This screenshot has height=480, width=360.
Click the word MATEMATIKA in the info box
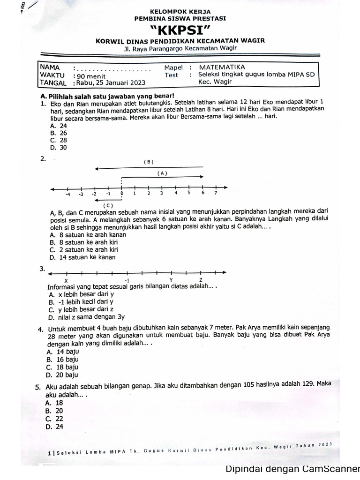[x=222, y=67]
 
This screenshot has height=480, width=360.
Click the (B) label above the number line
[x=148, y=162]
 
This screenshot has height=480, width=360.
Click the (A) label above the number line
[x=162, y=173]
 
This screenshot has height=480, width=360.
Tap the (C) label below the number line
[x=108, y=205]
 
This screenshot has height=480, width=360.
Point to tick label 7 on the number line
[x=216, y=193]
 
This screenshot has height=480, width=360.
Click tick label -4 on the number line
[x=67, y=194]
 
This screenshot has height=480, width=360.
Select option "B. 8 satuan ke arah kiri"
[x=83, y=242]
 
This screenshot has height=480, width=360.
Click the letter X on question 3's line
[x=66, y=280]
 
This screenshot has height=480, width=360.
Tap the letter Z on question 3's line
[x=201, y=280]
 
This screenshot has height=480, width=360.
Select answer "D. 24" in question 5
[x=54, y=427]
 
